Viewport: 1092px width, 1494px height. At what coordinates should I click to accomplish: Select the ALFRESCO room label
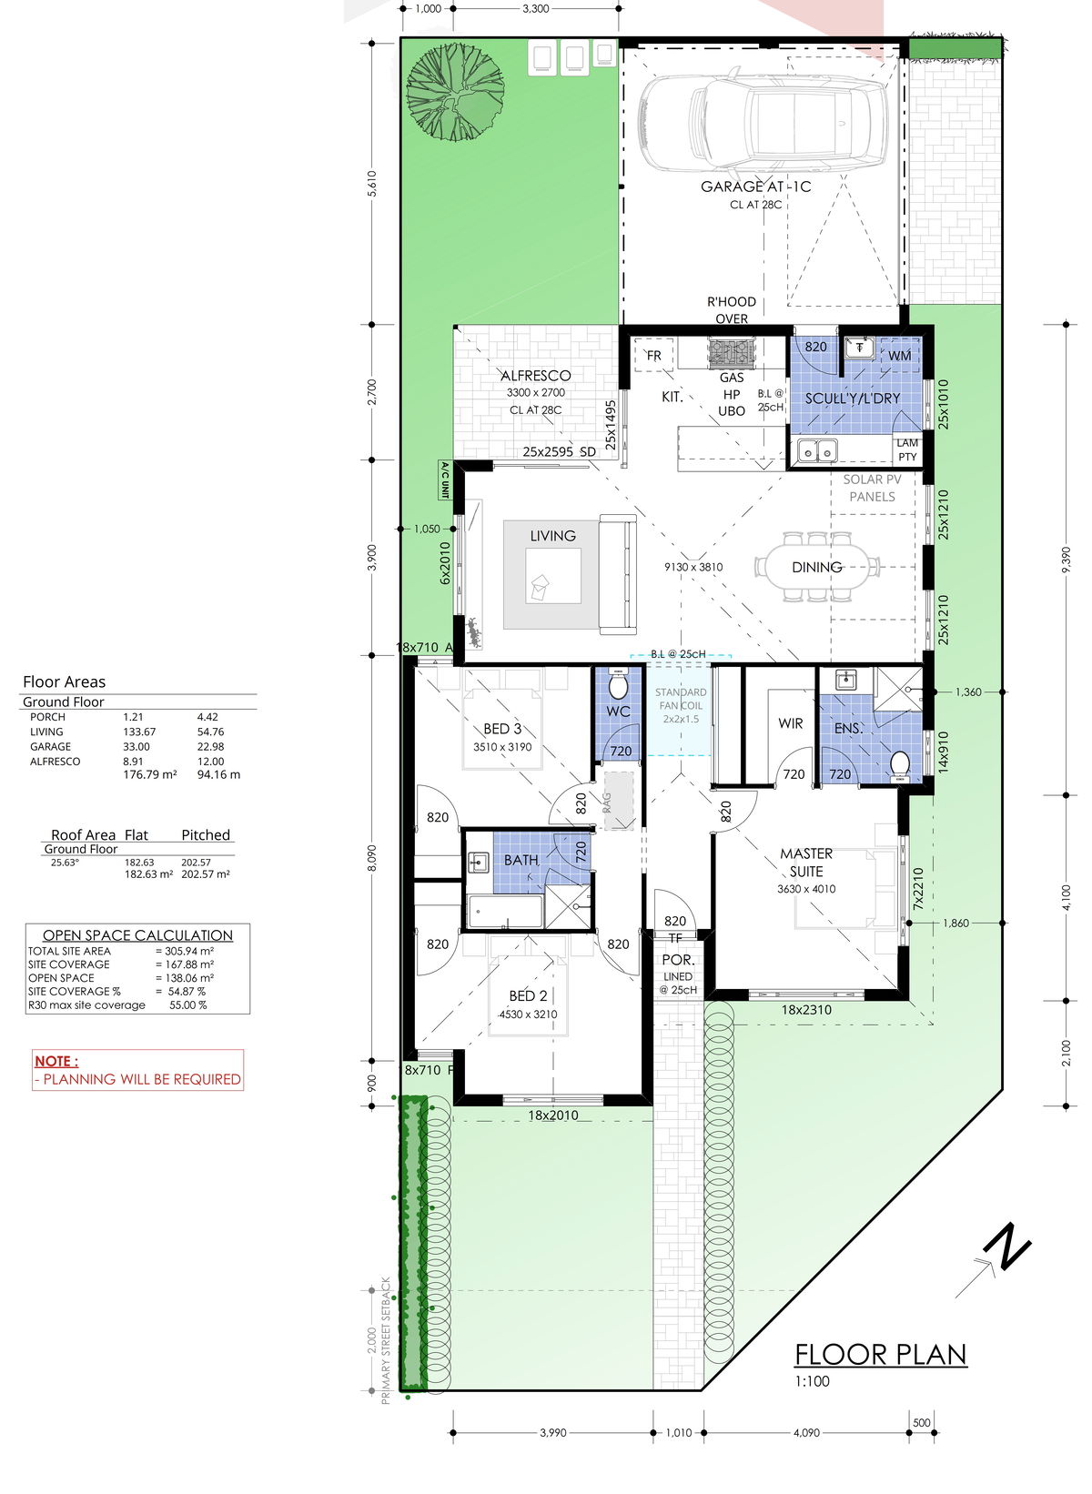point(536,376)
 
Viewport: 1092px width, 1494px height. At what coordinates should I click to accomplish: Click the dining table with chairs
point(816,567)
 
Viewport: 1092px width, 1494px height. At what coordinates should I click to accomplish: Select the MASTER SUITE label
point(806,862)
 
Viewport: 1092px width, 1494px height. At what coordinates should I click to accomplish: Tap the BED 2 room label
point(528,995)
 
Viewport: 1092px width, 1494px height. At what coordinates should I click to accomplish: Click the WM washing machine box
point(899,356)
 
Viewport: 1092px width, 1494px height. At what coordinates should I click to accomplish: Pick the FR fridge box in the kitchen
point(653,356)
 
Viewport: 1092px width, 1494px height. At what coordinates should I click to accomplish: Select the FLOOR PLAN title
point(880,1355)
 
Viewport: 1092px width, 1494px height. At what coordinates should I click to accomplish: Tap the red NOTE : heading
point(56,1061)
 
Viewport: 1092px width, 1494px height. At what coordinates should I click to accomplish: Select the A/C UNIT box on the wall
point(445,479)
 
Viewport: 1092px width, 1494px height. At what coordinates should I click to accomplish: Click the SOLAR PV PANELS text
point(872,488)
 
